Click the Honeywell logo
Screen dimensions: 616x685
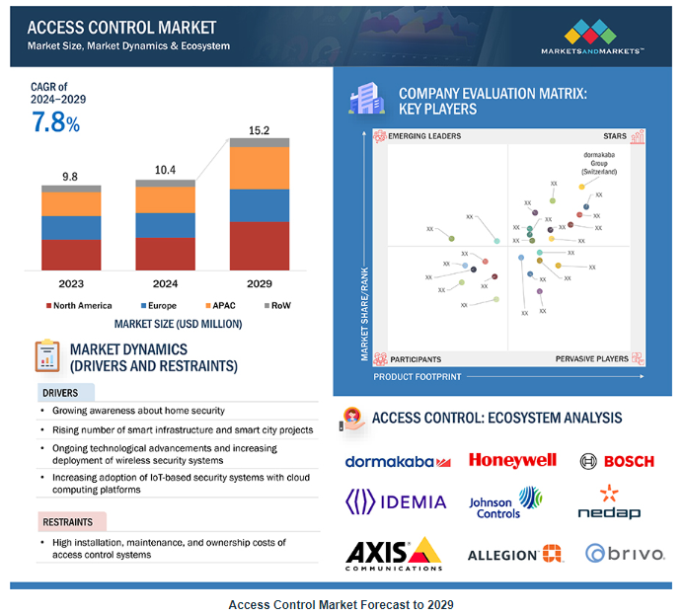coord(512,460)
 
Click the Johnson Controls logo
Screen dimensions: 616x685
coord(504,501)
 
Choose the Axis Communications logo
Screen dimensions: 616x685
coord(393,554)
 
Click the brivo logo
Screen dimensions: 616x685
coord(624,554)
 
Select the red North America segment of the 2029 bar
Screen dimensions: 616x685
coord(260,246)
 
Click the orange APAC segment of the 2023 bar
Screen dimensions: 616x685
coord(71,204)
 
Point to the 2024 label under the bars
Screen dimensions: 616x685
coord(165,284)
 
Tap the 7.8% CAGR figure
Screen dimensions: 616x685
coord(55,123)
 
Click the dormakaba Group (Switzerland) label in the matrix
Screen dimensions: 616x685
coord(599,163)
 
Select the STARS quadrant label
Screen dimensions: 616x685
coord(615,136)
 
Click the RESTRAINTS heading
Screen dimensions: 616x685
coord(71,521)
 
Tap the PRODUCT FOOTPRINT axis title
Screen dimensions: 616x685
coord(419,377)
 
